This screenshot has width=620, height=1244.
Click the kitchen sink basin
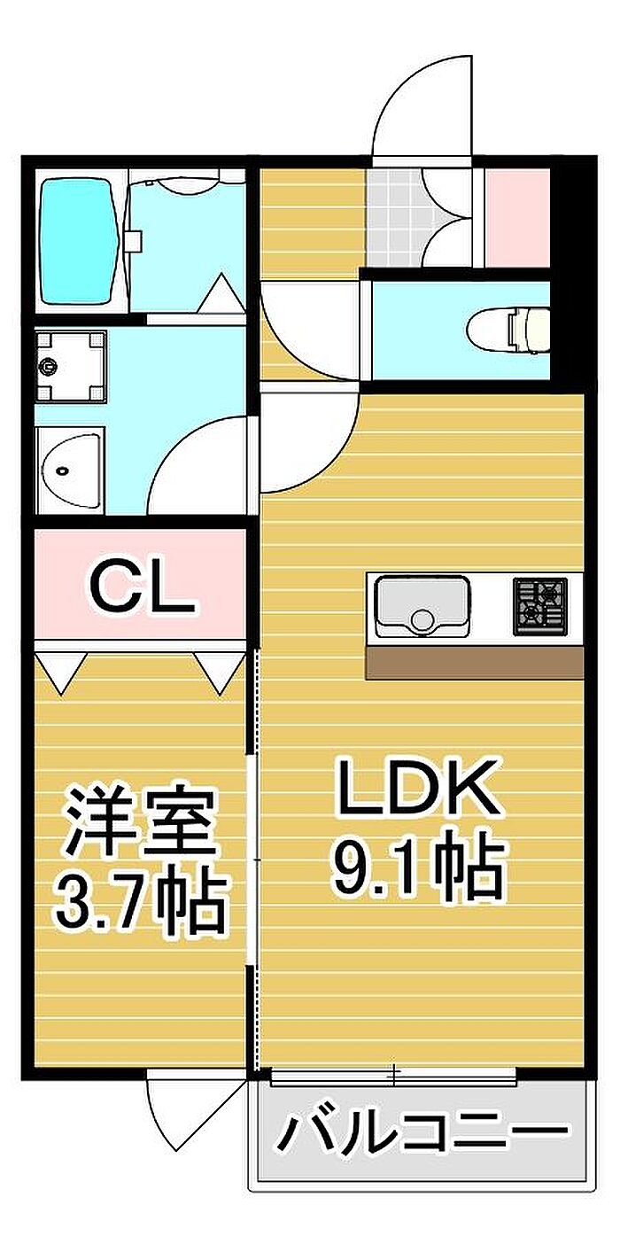(x=422, y=606)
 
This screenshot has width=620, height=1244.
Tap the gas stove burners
(x=539, y=606)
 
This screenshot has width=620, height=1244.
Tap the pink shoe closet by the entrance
(x=517, y=217)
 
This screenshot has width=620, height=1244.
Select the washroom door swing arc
(x=199, y=470)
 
